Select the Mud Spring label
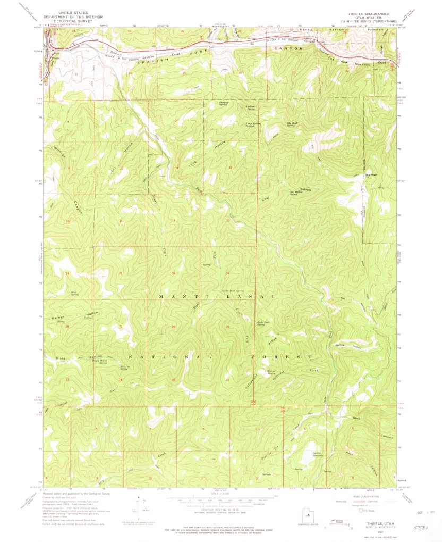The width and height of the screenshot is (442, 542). click(x=75, y=293)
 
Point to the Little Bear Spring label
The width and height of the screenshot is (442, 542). click(x=232, y=291)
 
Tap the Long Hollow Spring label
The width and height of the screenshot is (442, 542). click(x=253, y=125)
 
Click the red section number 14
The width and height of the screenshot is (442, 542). click(x=173, y=220)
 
